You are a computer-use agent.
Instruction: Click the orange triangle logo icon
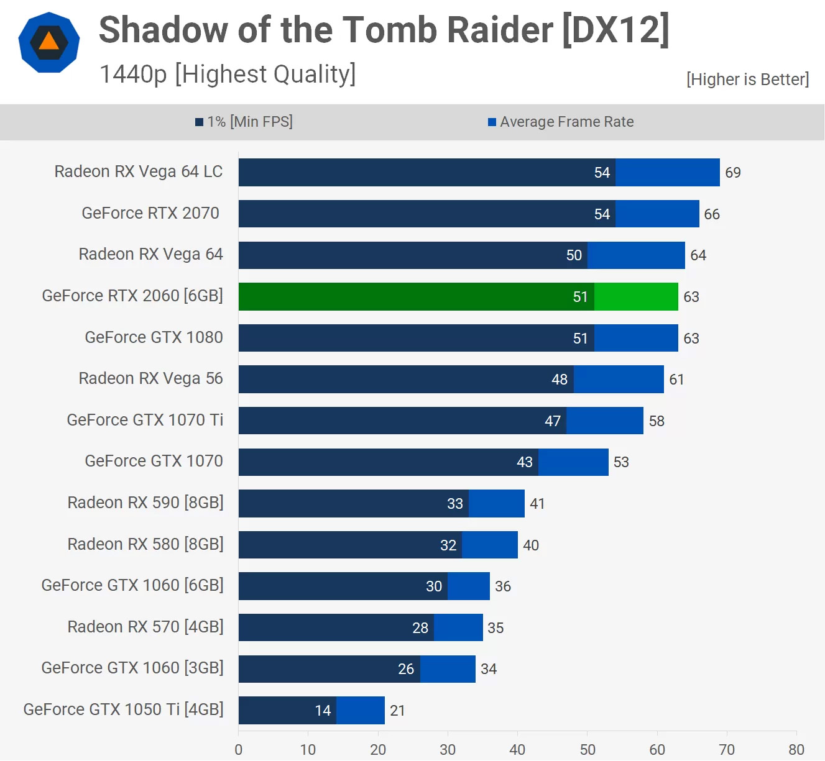point(48,42)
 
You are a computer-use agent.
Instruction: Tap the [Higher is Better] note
point(747,80)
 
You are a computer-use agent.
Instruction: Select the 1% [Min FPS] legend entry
point(244,122)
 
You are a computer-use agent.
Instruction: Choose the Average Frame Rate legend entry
point(561,122)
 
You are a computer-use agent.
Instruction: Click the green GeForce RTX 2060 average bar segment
point(636,297)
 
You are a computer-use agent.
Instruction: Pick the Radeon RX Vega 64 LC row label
point(138,171)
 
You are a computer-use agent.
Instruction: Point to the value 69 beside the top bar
point(733,173)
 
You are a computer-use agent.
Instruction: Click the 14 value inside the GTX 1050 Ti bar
point(323,711)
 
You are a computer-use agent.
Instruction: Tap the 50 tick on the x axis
point(588,750)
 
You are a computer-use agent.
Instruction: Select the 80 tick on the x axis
point(796,750)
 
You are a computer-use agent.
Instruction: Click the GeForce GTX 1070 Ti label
point(145,420)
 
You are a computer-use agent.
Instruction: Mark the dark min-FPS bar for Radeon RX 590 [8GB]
point(353,503)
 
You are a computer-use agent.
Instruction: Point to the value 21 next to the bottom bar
point(398,711)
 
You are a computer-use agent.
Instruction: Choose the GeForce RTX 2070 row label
point(150,213)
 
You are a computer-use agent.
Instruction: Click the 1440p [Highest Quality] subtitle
point(228,75)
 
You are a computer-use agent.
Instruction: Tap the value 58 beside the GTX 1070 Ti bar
point(657,421)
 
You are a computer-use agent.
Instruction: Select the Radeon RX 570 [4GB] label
point(145,627)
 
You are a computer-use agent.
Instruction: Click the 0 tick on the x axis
point(239,750)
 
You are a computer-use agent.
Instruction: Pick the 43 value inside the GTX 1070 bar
point(525,462)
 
